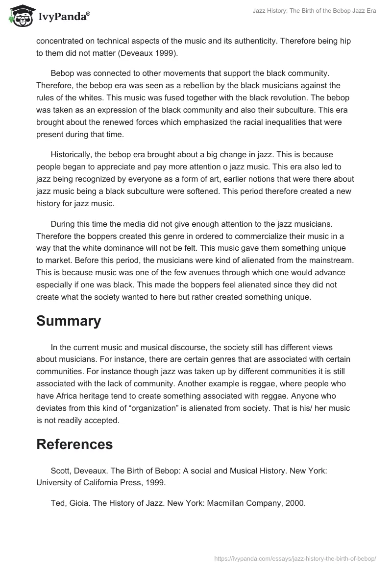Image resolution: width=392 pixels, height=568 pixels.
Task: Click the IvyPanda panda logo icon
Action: tap(20, 17)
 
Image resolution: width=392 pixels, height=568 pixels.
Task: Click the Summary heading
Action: tap(68, 321)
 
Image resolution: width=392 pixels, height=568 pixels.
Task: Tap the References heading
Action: tap(74, 444)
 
